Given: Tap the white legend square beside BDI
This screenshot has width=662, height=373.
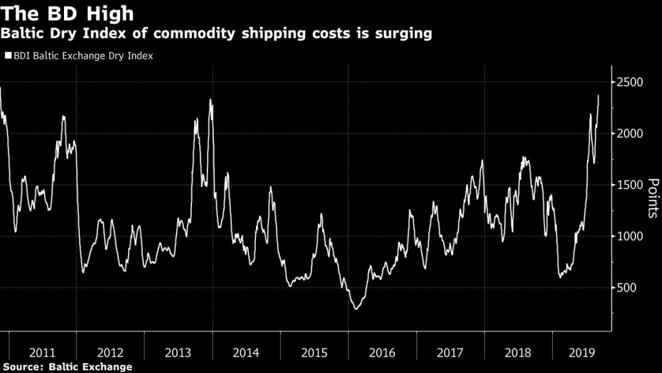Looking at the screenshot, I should pyautogui.click(x=8, y=56).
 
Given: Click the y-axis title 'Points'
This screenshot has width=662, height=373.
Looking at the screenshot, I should pyautogui.click(x=652, y=198).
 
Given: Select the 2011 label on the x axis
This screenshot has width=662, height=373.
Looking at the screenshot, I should pyautogui.click(x=42, y=353).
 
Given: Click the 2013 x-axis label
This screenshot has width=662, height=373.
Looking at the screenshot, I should pyautogui.click(x=178, y=353).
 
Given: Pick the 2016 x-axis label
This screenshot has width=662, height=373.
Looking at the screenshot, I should pyautogui.click(x=381, y=353).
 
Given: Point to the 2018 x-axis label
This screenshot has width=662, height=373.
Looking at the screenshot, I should pyautogui.click(x=517, y=353).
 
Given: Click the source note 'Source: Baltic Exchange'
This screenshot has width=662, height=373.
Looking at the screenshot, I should pyautogui.click(x=67, y=367).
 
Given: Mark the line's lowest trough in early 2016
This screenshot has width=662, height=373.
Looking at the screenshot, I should pyautogui.click(x=356, y=309).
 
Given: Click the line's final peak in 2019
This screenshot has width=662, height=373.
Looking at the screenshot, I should pyautogui.click(x=598, y=96).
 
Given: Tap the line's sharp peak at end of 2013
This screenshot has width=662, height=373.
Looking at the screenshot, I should pyautogui.click(x=211, y=100).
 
